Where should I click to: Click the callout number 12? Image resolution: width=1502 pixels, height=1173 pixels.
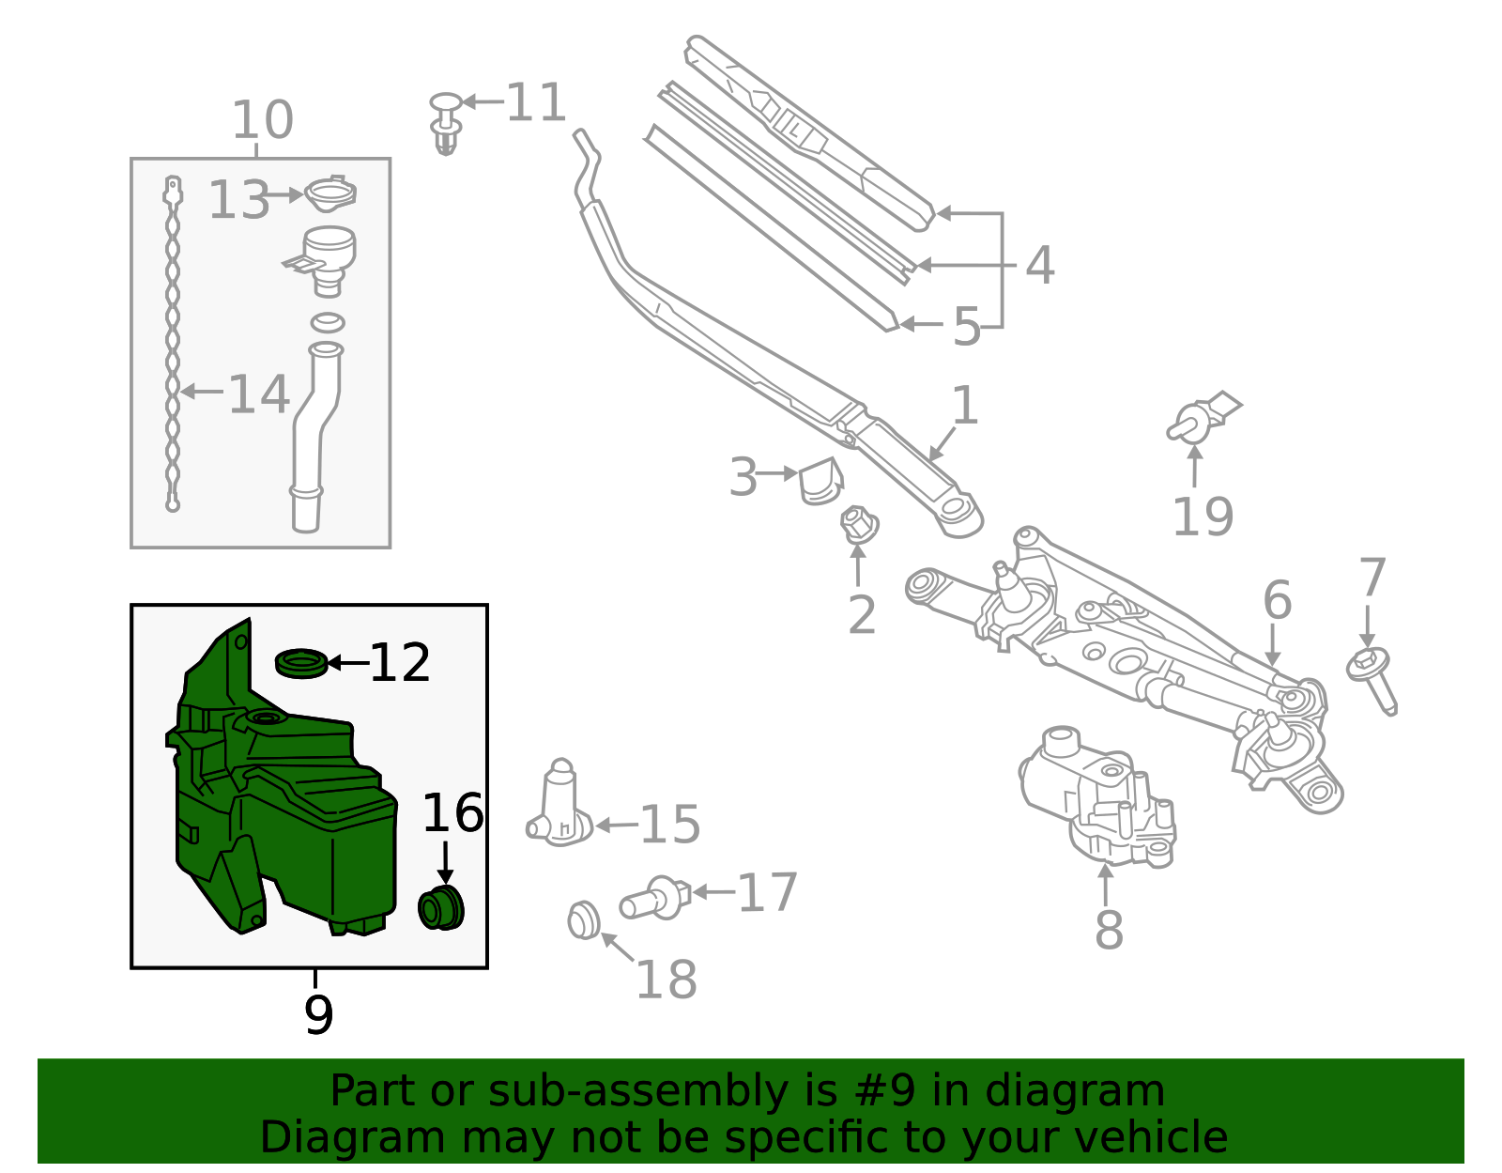click(x=400, y=663)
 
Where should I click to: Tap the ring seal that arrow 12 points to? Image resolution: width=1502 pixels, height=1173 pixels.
click(x=300, y=662)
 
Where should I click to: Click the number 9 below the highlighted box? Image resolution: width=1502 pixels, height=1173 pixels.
click(x=318, y=1015)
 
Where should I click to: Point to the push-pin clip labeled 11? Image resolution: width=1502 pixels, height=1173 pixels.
click(x=447, y=122)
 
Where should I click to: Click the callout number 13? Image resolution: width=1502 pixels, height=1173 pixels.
click(x=238, y=200)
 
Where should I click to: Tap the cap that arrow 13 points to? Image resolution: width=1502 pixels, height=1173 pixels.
click(x=330, y=194)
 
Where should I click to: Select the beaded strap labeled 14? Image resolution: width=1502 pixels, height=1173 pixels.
click(x=173, y=347)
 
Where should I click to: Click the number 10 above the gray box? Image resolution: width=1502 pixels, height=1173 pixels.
click(x=262, y=120)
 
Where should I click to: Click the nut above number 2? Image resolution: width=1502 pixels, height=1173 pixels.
click(x=858, y=525)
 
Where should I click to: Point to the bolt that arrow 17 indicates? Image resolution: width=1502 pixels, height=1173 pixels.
click(x=653, y=900)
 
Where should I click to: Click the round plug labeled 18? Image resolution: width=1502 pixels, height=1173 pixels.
click(x=584, y=919)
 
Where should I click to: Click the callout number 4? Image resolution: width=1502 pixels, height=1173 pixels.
click(x=1039, y=266)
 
